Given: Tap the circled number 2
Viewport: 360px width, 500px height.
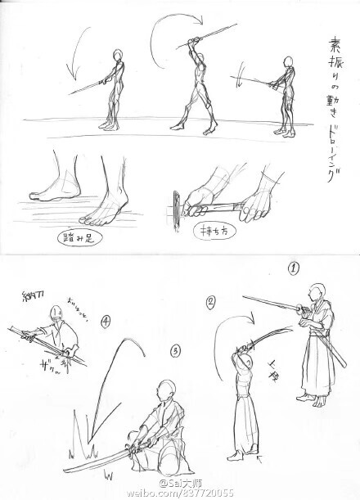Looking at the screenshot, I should click(210, 301).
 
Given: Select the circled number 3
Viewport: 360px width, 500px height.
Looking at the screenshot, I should click(174, 351).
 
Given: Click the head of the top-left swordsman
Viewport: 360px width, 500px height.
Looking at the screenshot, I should click(119, 58).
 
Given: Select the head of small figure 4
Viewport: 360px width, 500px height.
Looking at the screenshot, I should click(54, 313).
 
